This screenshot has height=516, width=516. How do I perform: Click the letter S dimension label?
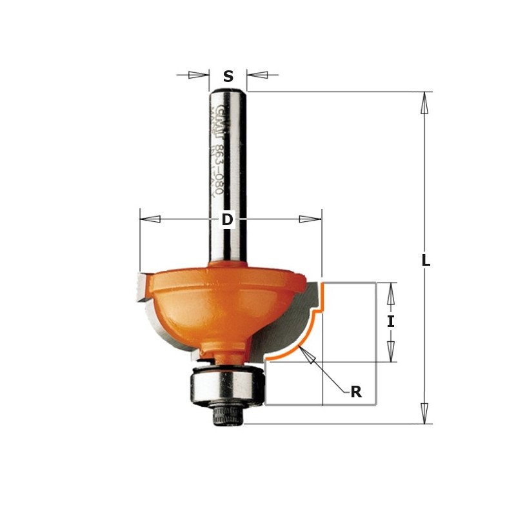(228, 77)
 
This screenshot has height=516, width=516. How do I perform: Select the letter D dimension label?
(227, 220)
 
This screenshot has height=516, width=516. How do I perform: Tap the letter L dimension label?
(425, 261)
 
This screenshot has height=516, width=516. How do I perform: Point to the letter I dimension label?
(390, 321)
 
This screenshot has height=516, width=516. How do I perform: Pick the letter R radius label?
(355, 392)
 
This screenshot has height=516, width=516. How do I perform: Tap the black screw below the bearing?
(226, 415)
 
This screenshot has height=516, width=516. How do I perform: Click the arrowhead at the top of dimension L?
(424, 103)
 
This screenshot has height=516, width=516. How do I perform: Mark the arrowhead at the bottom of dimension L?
(424, 413)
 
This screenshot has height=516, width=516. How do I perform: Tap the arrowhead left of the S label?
(199, 75)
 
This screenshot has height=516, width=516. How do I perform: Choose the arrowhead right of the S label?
(257, 75)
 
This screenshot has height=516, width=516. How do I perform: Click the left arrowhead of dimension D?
(150, 219)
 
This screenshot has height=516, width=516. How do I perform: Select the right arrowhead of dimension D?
(310, 219)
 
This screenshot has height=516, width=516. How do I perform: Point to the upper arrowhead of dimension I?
(390, 293)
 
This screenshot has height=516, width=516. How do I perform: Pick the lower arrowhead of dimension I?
(390, 350)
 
